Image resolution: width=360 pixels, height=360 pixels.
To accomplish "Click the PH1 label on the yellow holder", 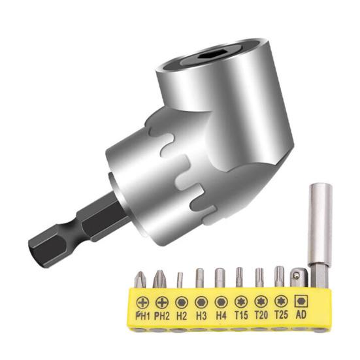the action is [x=142, y=316].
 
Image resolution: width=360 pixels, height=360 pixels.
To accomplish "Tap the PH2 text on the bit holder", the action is [x=162, y=316].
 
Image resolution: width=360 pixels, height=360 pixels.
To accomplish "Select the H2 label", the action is [x=182, y=316].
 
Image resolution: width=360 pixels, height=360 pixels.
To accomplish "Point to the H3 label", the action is [x=201, y=316].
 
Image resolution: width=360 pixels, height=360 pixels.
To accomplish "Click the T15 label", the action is [x=241, y=315].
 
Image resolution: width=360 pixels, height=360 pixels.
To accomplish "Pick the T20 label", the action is [x=261, y=314].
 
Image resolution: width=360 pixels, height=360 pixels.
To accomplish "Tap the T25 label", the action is [x=281, y=314].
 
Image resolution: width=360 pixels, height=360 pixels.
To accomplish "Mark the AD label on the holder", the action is [x=301, y=314].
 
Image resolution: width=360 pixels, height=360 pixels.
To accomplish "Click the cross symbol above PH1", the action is [x=142, y=303].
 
